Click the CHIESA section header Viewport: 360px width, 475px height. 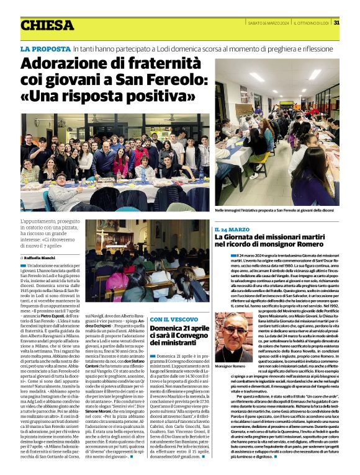[46, 25]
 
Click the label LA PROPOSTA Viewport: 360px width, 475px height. [45, 48]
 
